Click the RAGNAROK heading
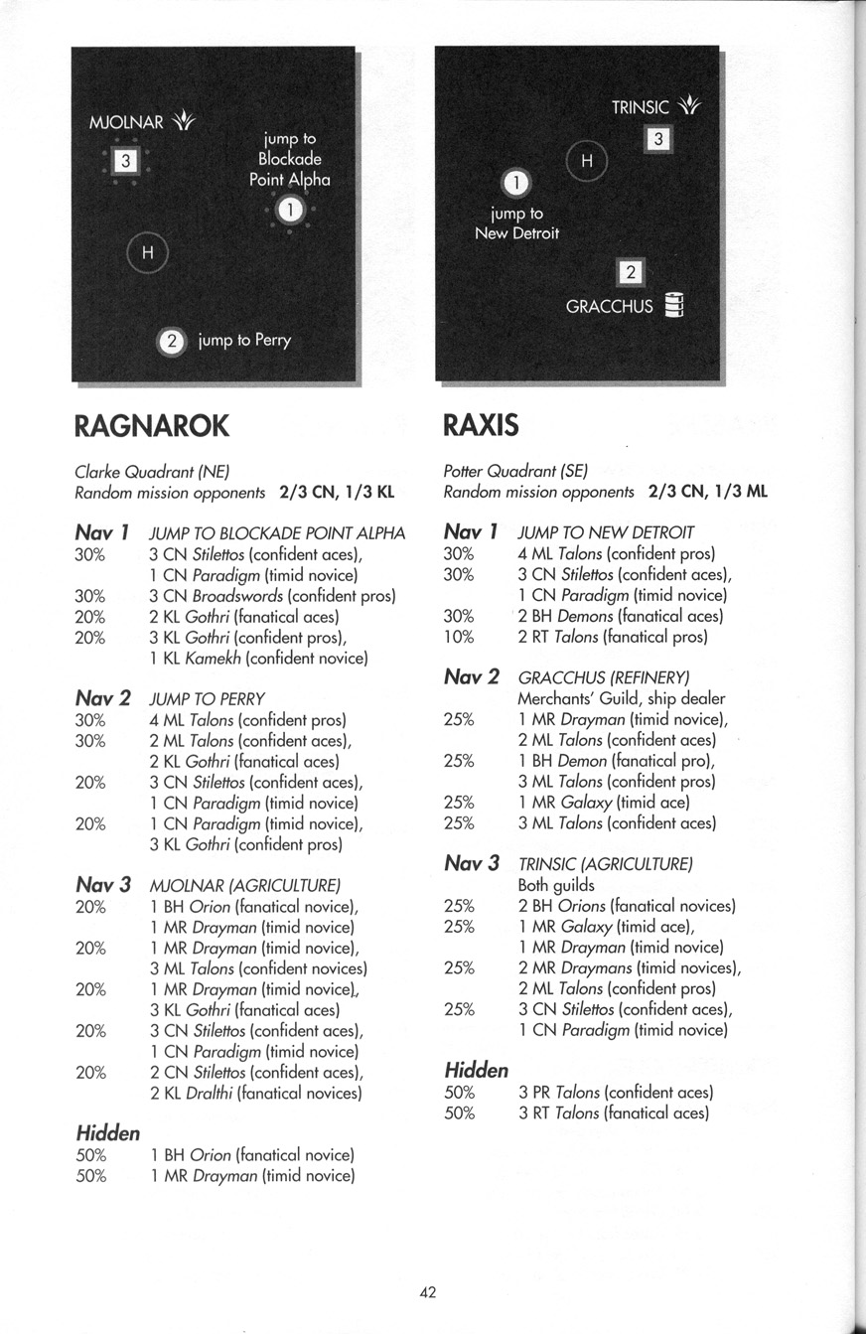(x=152, y=426)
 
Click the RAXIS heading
(x=481, y=426)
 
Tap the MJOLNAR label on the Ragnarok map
(x=125, y=123)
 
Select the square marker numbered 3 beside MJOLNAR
(x=124, y=160)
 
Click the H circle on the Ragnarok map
(x=148, y=252)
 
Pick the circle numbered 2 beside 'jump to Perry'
(x=172, y=341)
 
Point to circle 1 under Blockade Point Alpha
(x=289, y=210)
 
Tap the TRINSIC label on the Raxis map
(x=640, y=107)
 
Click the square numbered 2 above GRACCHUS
(x=632, y=272)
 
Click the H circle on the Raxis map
(x=586, y=161)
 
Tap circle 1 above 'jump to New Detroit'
(x=515, y=184)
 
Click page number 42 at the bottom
(x=429, y=1291)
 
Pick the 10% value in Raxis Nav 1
(x=460, y=637)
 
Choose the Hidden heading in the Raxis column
(x=477, y=1070)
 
